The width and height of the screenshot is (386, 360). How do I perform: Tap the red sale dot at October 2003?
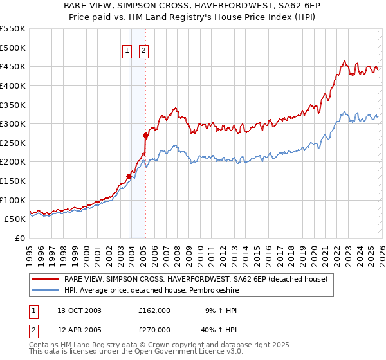coord(129,176)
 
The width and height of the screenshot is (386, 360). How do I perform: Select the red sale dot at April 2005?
coord(146,135)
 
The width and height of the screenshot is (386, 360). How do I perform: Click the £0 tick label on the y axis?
coord(19,238)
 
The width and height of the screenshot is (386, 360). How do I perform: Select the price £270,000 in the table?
coord(154,329)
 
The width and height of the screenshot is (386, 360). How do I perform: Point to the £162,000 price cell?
coord(154,310)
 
